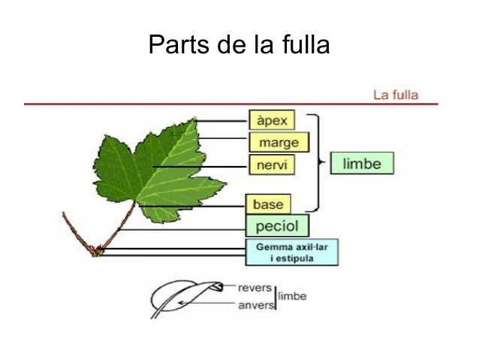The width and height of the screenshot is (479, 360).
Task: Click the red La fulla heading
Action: click(x=396, y=95)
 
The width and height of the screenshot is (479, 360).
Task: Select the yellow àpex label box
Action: click(x=273, y=119)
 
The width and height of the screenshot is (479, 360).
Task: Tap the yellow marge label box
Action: click(x=277, y=142)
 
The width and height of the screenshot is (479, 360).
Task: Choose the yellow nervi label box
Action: click(x=270, y=164)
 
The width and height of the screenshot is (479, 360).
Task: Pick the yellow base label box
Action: click(x=267, y=204)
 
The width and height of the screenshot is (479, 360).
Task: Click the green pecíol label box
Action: click(x=277, y=225)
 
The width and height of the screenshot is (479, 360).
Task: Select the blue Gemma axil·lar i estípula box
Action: click(x=292, y=252)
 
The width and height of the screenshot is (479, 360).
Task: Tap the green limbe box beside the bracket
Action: click(x=361, y=163)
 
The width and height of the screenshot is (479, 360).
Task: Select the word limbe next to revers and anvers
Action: click(x=292, y=297)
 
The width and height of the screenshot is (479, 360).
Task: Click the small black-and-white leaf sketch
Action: click(x=184, y=298)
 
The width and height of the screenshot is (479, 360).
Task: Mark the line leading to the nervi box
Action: click(x=199, y=165)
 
